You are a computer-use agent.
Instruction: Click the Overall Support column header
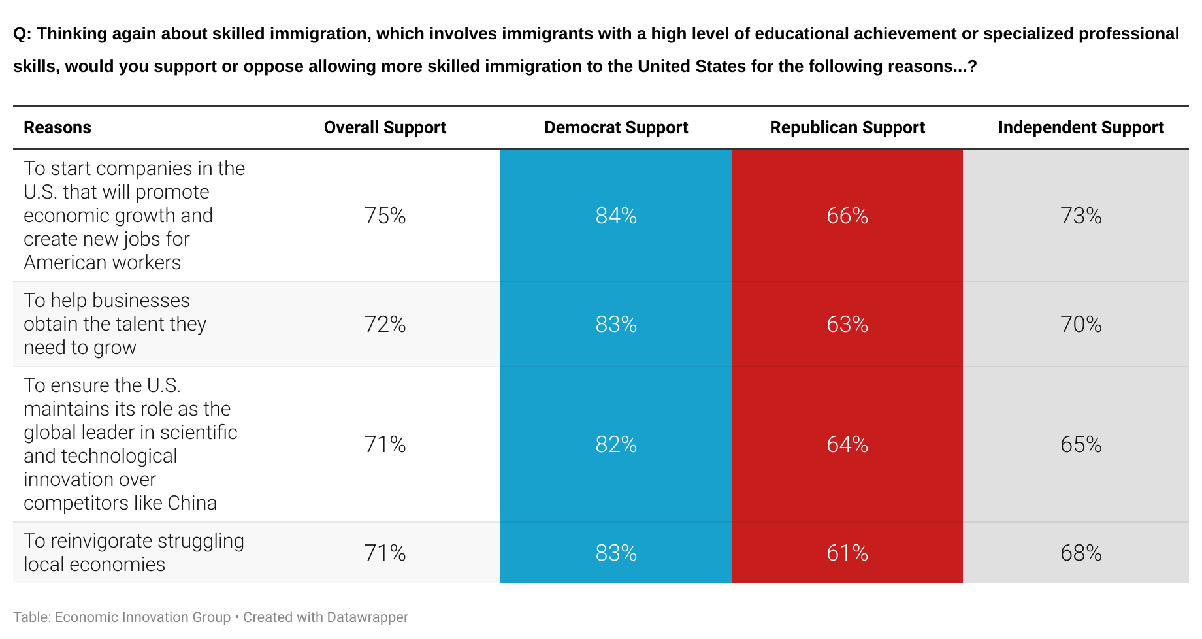click(385, 127)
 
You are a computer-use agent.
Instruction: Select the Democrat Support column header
click(616, 127)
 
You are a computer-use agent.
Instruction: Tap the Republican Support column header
click(847, 127)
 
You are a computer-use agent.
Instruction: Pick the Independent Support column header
click(1080, 127)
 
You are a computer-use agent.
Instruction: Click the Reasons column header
click(57, 127)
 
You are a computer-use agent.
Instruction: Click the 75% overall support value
click(385, 216)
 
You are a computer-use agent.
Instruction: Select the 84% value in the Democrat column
click(616, 216)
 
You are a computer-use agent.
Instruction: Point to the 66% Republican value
click(847, 216)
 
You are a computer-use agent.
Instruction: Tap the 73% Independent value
click(1080, 216)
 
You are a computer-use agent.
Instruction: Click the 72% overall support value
click(385, 324)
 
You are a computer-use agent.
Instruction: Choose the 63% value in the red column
click(847, 324)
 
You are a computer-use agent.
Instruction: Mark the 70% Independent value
click(1080, 324)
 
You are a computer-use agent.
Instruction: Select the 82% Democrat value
click(616, 444)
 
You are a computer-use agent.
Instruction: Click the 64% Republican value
click(847, 444)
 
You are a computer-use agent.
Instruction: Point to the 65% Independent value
click(1080, 444)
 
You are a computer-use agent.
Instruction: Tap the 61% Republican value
click(847, 553)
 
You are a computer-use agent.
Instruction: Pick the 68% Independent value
click(1080, 553)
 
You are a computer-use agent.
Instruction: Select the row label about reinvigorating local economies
click(133, 553)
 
